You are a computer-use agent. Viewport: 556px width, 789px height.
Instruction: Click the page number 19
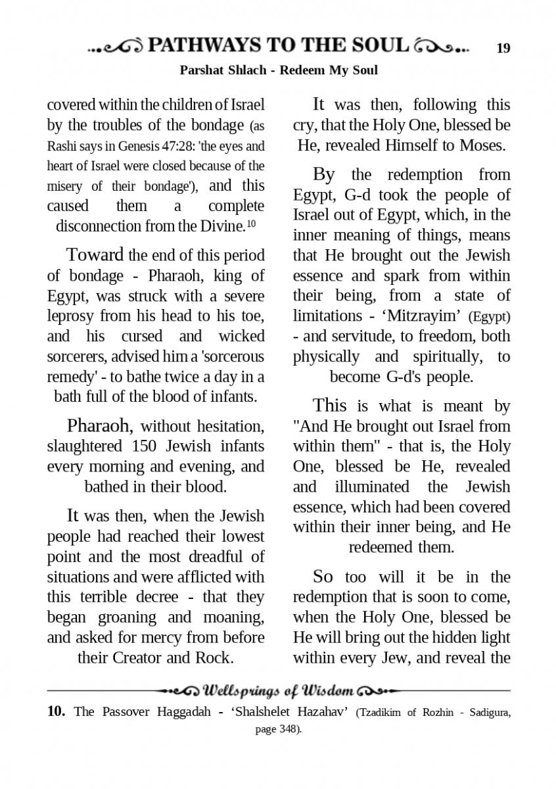(503, 48)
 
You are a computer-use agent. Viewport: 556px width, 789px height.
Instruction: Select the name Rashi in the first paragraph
(61, 146)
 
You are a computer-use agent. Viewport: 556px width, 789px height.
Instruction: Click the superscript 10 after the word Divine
(251, 224)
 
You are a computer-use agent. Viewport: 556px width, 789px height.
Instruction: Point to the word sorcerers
(74, 357)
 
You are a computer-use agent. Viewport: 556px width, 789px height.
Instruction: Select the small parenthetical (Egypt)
(489, 317)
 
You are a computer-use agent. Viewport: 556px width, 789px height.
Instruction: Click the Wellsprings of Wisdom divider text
(279, 691)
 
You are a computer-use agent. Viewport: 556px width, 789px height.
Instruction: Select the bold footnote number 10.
(57, 711)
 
